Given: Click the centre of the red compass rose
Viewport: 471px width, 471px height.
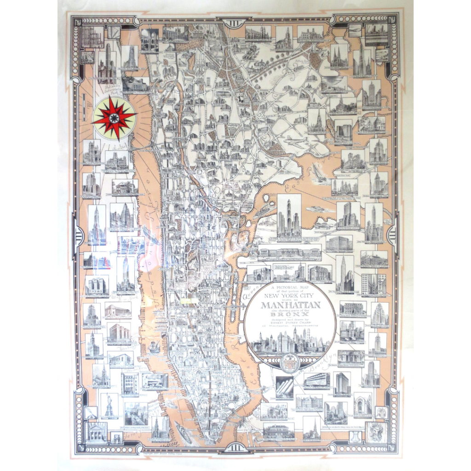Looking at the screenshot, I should (x=114, y=118).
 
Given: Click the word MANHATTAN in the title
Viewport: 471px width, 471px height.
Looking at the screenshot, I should (x=290, y=304).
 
